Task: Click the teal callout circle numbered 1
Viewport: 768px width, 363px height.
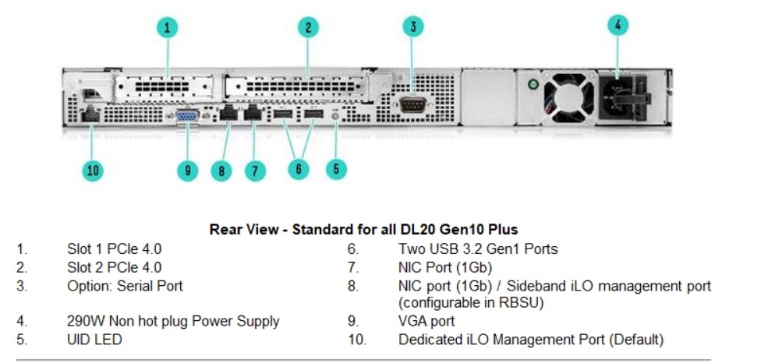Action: [x=168, y=27]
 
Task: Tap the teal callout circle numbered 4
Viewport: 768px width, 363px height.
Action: [x=618, y=25]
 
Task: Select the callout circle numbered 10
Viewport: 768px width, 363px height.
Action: [x=93, y=171]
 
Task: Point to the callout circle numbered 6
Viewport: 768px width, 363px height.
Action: [x=299, y=169]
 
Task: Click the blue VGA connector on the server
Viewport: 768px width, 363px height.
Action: [x=187, y=116]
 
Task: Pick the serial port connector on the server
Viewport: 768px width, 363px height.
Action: [x=413, y=104]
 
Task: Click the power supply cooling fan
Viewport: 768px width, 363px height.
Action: [x=568, y=98]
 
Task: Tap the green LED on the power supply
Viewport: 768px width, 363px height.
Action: [x=533, y=85]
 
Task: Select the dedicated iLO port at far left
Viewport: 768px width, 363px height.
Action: [x=90, y=115]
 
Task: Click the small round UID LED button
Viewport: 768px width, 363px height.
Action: [x=335, y=116]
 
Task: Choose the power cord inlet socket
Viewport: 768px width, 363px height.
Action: [x=622, y=97]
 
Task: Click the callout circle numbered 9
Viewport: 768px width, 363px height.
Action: [x=187, y=171]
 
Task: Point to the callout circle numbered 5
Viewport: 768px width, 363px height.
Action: [x=336, y=169]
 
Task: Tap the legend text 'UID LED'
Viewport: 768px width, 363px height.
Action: [x=94, y=340]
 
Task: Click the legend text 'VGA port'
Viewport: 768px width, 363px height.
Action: [x=426, y=322]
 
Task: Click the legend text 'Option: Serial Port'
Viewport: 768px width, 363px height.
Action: [x=125, y=286]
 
